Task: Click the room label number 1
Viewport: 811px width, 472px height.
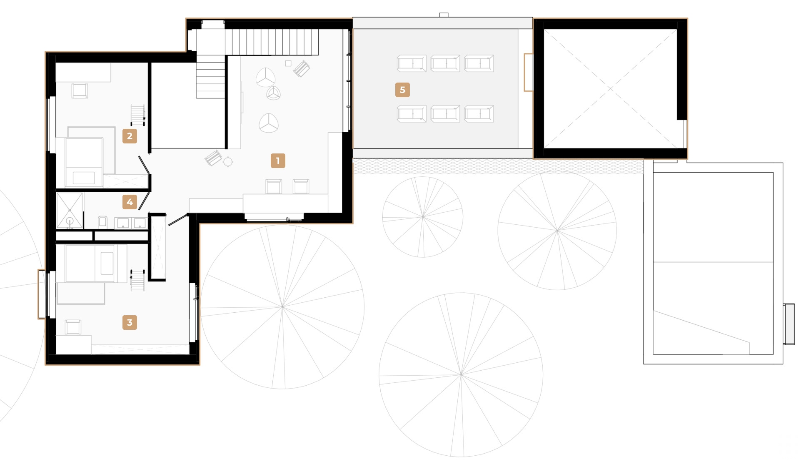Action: (278, 161)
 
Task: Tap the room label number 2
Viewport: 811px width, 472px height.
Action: (130, 136)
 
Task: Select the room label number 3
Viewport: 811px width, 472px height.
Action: (130, 322)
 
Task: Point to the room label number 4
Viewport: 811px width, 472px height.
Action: (130, 202)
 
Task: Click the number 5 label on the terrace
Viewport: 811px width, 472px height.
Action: (402, 90)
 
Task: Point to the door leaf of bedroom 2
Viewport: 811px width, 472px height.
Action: (144, 165)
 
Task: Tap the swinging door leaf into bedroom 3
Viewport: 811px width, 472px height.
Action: (177, 220)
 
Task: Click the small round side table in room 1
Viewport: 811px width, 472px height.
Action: (228, 161)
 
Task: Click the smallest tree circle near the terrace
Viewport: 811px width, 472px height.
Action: (422, 217)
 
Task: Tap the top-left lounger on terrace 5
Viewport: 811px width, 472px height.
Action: (412, 63)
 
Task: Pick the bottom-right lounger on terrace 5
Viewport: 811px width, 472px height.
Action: (479, 114)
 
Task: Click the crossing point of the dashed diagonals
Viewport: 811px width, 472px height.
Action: (610, 88)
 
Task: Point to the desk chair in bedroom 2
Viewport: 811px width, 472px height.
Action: (80, 90)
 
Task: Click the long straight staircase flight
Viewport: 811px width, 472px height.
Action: (272, 42)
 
